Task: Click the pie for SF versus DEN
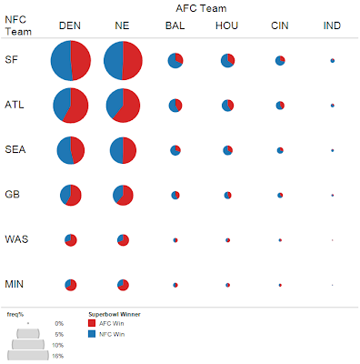coord(70,61)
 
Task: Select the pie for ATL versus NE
coord(124,106)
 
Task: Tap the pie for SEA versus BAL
coord(175,150)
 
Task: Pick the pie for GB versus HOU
coord(227,195)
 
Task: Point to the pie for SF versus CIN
coord(280,61)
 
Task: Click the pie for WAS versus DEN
coord(70,239)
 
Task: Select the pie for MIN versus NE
coord(124,284)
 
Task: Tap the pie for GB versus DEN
coord(70,195)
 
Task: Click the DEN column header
coord(70,25)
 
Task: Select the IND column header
coord(333,25)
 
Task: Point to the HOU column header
coord(227,25)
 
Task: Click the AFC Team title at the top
coord(204,7)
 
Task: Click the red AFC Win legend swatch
coord(92,323)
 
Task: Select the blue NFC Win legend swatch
coord(92,335)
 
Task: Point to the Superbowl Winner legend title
coord(117,314)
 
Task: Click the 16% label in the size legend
coord(58,357)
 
